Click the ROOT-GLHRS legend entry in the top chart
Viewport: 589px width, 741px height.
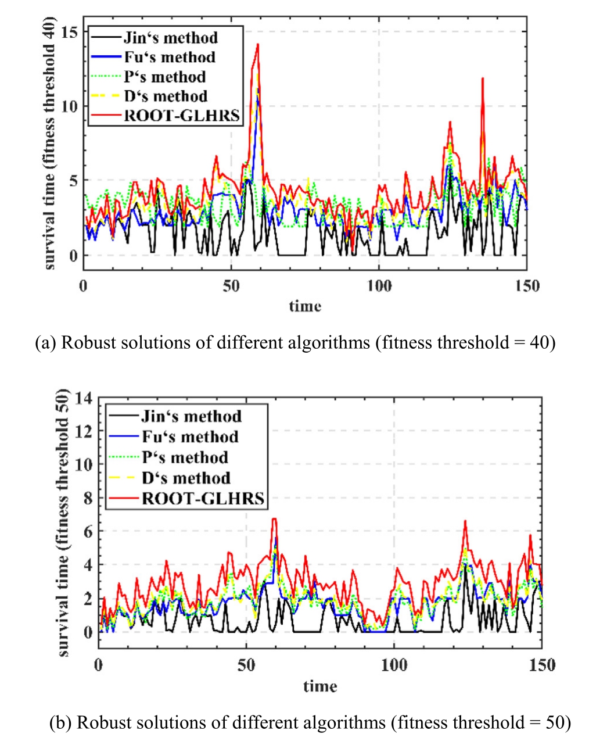pos(182,115)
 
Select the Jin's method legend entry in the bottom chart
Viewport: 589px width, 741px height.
pos(191,416)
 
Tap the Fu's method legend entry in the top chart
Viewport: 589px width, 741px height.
pos(170,57)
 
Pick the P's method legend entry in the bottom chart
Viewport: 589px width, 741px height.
pos(185,457)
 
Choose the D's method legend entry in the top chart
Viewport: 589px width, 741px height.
pos(166,96)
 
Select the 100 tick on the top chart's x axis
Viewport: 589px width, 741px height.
pos(379,286)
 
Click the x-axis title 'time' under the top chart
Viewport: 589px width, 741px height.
pos(305,306)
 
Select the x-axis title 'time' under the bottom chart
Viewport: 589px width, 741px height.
pos(320,686)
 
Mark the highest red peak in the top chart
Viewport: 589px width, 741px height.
pos(257,45)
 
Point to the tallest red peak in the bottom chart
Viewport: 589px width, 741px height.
pos(274,519)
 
